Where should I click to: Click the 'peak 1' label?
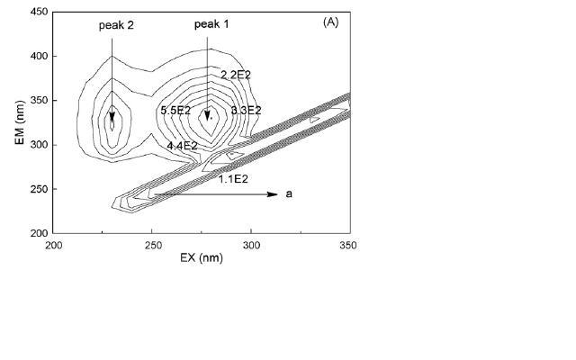pyautogui.click(x=211, y=24)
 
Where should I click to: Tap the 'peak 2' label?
pyautogui.click(x=116, y=25)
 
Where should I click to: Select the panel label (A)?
pyautogui.click(x=330, y=22)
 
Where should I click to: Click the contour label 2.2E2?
pyautogui.click(x=236, y=75)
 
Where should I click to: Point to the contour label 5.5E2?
pyautogui.click(x=175, y=110)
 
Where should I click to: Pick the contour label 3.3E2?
pyautogui.click(x=246, y=110)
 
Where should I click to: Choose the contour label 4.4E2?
pyautogui.click(x=182, y=146)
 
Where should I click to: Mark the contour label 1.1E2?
pyautogui.click(x=233, y=179)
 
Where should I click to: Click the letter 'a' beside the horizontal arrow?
pyautogui.click(x=289, y=194)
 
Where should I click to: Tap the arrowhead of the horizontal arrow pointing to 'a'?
pyautogui.click(x=273, y=194)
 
